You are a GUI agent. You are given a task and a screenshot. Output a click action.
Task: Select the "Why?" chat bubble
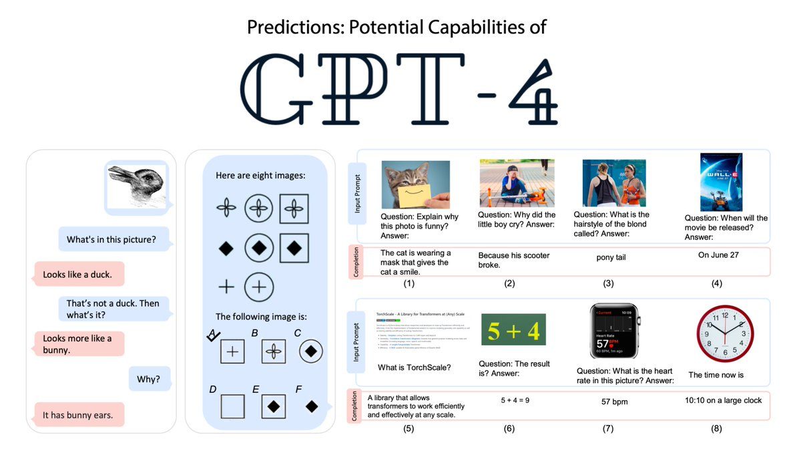click(149, 379)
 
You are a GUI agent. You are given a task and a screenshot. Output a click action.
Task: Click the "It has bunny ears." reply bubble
click(78, 415)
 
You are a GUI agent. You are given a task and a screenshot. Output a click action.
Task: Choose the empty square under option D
click(232, 406)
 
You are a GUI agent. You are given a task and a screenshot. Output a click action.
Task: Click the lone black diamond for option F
click(311, 406)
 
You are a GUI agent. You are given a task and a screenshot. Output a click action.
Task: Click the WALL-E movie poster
click(721, 182)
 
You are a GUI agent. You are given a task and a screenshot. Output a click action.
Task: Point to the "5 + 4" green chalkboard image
click(513, 329)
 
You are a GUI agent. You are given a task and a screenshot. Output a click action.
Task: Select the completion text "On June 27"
click(719, 255)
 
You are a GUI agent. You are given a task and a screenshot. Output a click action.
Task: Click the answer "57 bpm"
click(614, 402)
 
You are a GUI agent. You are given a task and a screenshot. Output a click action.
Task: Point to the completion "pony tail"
click(611, 257)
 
